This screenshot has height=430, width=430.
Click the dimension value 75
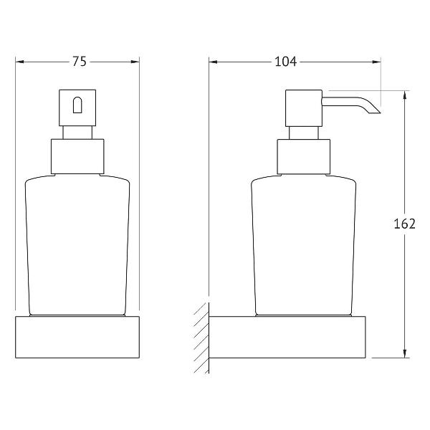pyautogui.click(x=80, y=62)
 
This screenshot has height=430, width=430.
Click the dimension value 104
pyautogui.click(x=285, y=62)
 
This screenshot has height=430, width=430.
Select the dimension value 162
pyautogui.click(x=404, y=224)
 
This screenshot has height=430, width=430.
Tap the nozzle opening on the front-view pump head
pyautogui.click(x=77, y=105)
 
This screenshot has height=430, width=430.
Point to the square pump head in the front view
pyautogui.click(x=77, y=107)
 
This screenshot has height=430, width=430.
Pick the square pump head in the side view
pyautogui.click(x=304, y=108)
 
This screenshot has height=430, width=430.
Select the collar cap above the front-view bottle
pyautogui.click(x=77, y=156)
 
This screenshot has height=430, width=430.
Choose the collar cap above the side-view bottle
pyautogui.click(x=304, y=156)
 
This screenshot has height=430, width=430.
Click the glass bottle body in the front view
pyautogui.click(x=77, y=245)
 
